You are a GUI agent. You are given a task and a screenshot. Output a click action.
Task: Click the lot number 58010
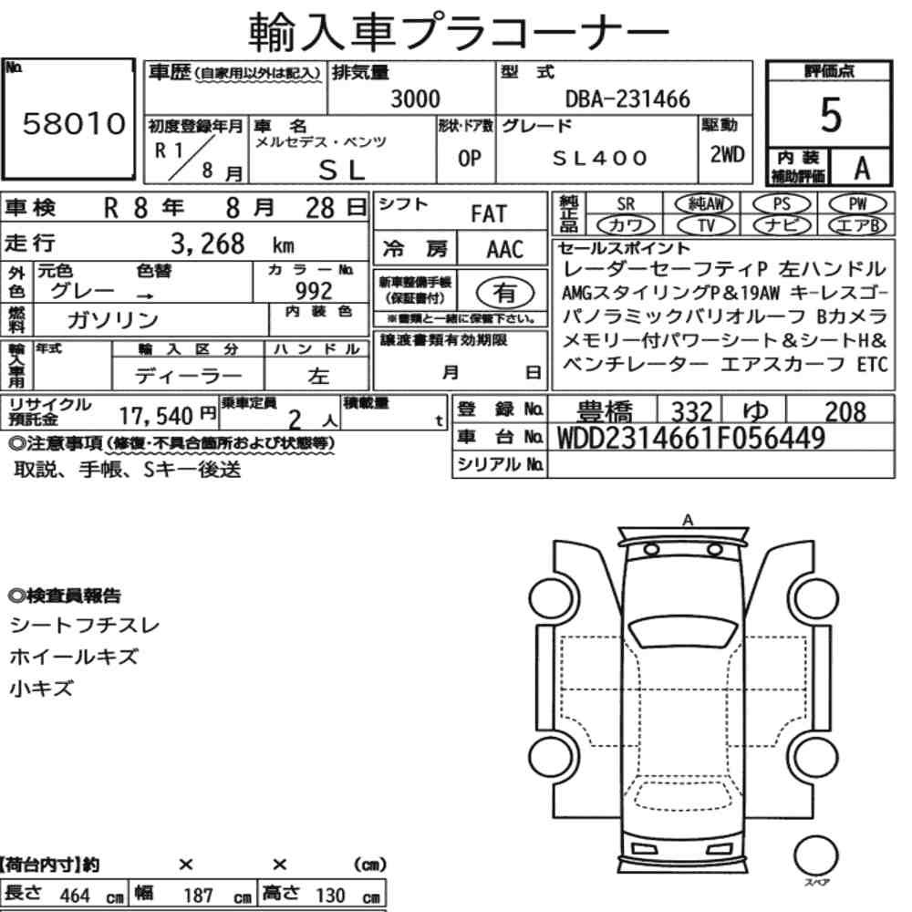(x=74, y=123)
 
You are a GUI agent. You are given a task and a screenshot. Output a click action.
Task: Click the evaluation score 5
(x=831, y=115)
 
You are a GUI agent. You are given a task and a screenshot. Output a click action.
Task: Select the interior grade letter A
(x=862, y=168)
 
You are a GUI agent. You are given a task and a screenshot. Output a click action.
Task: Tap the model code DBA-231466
(x=627, y=98)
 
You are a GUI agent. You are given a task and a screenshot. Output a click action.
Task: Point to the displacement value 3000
(x=415, y=98)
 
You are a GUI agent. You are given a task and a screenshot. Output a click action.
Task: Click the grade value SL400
(x=600, y=158)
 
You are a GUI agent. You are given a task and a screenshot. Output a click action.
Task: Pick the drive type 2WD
(x=727, y=155)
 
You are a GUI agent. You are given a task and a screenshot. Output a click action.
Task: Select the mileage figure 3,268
(x=208, y=244)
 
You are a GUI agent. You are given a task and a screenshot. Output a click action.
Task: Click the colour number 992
(x=314, y=290)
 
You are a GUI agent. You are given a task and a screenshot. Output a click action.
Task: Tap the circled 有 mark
(x=505, y=292)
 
